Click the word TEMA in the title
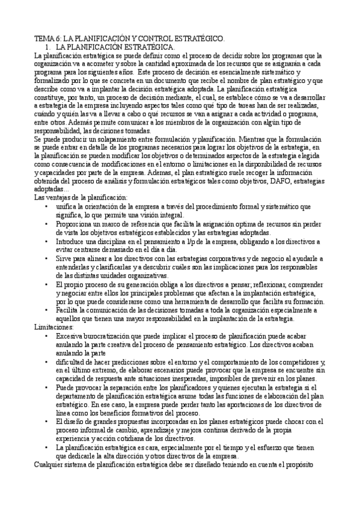[x=44, y=38]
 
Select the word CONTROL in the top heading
[x=156, y=38]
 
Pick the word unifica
[x=66, y=206]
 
